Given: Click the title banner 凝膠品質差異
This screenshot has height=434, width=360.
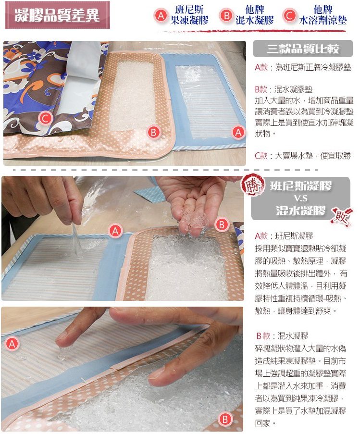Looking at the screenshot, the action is tap(57, 15).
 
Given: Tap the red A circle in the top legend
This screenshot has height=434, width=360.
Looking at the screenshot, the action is tap(161, 15).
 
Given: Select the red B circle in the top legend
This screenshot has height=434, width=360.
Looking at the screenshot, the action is tap(226, 15).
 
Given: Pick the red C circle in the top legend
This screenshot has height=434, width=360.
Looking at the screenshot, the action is tap(289, 15).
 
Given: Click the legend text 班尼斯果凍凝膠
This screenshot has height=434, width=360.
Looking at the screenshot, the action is tap(189, 15).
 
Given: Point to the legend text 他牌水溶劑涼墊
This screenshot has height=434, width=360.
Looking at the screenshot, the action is tap(323, 15).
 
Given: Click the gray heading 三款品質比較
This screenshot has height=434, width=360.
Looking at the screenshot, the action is tap(303, 49).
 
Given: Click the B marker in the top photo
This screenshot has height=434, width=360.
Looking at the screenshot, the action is tap(154, 132).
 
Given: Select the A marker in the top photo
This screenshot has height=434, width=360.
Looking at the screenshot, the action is tap(238, 132).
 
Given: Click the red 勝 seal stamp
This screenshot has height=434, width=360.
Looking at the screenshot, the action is tap(252, 185).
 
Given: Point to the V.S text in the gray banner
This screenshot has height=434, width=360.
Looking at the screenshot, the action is tap(300, 198).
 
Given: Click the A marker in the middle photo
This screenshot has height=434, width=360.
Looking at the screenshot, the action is tap(115, 231).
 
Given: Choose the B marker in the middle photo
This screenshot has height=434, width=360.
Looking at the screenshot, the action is tap(222, 225).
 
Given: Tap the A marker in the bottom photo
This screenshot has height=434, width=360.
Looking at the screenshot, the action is tap(12, 344).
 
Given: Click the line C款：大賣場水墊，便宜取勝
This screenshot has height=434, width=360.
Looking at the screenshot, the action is tap(303, 156).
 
